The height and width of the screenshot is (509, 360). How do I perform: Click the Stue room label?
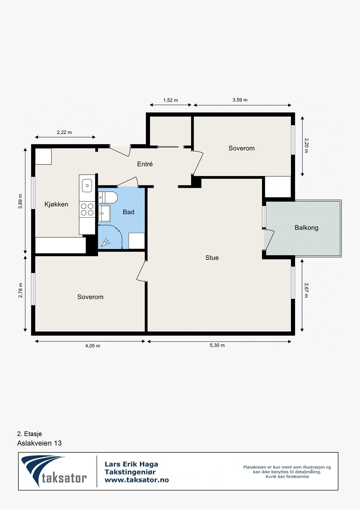pos(212,258)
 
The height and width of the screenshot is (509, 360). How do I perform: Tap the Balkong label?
pos(306,228)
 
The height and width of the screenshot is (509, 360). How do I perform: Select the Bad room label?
pos(129,212)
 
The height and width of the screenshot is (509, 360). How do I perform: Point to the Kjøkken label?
pos(56,204)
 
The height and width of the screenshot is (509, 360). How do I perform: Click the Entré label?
pos(145,164)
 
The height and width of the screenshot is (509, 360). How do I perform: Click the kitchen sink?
pos(87,185)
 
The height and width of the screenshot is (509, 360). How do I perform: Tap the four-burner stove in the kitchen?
pos(87,209)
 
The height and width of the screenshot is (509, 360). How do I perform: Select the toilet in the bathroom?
pos(108,198)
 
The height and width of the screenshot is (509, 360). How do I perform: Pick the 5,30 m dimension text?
pos(217,345)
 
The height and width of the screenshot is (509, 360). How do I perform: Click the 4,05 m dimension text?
pos(93,346)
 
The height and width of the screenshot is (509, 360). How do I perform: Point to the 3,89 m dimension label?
pos(20,201)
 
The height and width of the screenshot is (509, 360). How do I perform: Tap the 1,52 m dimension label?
pos(171,100)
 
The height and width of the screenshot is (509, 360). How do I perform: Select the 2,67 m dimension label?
pos(306,290)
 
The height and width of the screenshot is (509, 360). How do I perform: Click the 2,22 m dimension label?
pos(64,132)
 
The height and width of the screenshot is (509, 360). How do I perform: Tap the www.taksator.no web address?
pos(137,480)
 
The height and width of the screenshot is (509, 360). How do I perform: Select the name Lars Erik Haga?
pos(131,464)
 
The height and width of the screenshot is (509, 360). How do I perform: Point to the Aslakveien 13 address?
pos(39,443)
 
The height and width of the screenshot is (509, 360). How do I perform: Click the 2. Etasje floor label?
pos(30,434)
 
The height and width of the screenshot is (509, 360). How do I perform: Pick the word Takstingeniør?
pos(130,472)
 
